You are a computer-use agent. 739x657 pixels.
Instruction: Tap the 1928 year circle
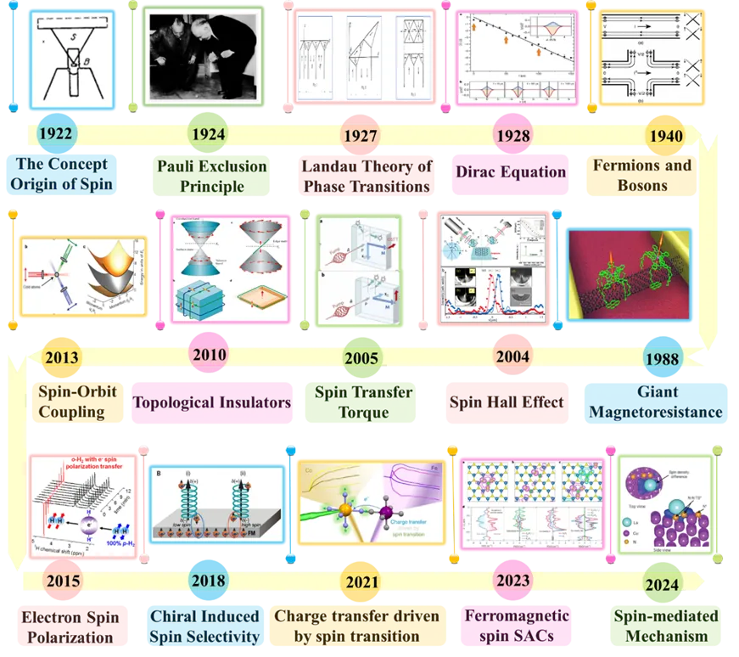(x=514, y=135)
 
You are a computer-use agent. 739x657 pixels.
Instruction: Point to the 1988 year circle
(x=662, y=357)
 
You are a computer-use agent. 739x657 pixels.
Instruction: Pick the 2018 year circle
(x=210, y=581)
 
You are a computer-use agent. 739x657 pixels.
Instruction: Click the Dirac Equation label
(x=509, y=173)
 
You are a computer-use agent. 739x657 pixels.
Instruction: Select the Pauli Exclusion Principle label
(x=211, y=175)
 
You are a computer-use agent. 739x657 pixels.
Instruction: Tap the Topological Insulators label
(x=211, y=402)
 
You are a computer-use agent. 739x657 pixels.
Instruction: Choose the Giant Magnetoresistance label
(x=669, y=402)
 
